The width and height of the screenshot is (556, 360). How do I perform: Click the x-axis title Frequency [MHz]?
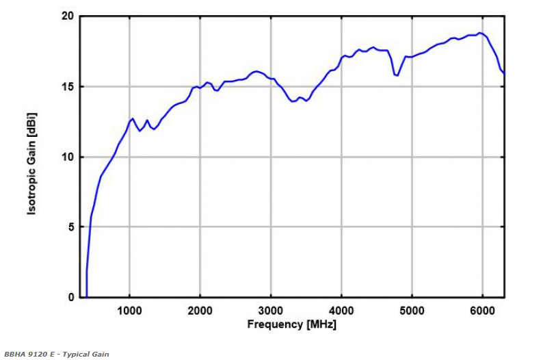291,324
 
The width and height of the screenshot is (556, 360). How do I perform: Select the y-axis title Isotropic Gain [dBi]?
31,157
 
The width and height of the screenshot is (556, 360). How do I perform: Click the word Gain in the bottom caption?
101,355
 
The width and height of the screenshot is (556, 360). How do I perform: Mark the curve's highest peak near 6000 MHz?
481,33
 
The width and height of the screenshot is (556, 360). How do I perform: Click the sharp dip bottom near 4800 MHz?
397,75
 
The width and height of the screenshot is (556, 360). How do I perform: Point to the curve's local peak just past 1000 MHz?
133,118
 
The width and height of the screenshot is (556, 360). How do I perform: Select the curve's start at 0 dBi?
86,296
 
